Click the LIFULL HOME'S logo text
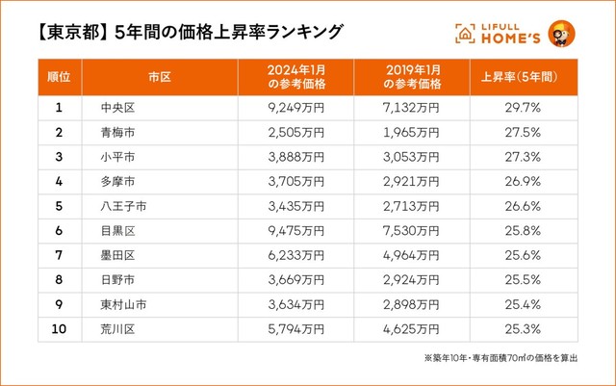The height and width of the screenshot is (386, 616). (500, 33)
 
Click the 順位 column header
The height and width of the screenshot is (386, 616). (59, 75)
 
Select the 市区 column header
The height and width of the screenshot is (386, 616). (160, 75)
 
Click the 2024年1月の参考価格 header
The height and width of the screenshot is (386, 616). (295, 75)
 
